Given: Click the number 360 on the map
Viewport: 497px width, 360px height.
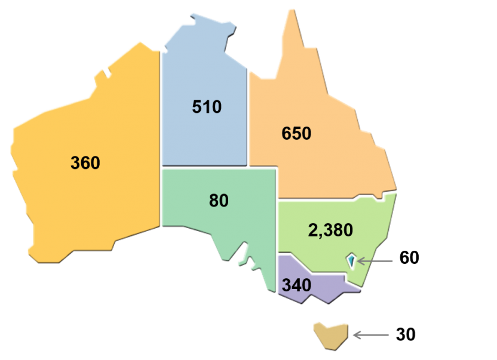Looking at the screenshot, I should [85, 162].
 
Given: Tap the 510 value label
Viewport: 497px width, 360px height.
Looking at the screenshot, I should [207, 107].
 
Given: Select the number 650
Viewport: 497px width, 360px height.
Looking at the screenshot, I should [296, 133].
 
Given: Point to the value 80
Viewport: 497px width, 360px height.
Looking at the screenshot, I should [219, 201].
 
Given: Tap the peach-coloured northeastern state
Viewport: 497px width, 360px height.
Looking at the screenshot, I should [323, 161].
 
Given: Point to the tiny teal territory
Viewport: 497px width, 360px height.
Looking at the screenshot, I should [351, 260].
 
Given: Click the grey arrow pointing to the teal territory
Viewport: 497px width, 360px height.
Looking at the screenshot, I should [376, 261].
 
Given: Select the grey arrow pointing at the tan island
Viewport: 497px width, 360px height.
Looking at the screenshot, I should [371, 335].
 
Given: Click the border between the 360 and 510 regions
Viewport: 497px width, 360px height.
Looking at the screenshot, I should [160, 119].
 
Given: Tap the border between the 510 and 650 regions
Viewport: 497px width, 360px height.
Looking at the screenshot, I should [249, 119].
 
